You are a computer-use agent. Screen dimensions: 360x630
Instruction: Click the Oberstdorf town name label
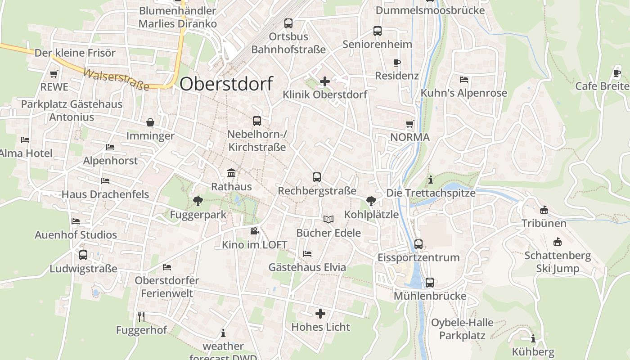click(x=226, y=84)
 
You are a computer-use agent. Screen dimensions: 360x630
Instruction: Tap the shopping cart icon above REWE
click(x=54, y=74)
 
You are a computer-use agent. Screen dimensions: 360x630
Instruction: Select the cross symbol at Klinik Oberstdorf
click(x=324, y=81)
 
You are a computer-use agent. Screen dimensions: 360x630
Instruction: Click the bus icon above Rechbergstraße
click(x=317, y=177)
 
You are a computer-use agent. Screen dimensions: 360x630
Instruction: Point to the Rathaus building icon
click(x=231, y=173)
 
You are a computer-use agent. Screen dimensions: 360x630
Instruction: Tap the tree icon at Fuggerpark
click(x=197, y=201)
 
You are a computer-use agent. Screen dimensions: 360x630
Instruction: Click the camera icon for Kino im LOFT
click(x=254, y=231)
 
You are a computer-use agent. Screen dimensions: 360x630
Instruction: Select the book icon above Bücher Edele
click(x=328, y=219)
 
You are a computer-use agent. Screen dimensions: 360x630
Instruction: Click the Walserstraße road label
click(x=116, y=79)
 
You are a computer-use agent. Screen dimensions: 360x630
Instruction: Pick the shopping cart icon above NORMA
click(x=409, y=124)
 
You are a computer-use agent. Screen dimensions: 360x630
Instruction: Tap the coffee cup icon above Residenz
click(x=396, y=63)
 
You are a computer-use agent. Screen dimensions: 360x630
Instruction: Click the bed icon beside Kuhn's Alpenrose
click(x=464, y=80)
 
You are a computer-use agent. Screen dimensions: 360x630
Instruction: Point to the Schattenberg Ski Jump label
click(x=558, y=262)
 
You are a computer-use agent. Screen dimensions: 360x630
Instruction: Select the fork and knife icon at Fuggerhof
click(x=141, y=316)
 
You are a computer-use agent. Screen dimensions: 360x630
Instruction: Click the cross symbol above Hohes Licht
click(x=320, y=313)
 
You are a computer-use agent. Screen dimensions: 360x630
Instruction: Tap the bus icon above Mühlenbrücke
click(x=430, y=283)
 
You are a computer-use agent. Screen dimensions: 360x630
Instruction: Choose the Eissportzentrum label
click(x=418, y=257)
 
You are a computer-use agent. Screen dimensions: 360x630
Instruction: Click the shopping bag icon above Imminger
click(x=150, y=122)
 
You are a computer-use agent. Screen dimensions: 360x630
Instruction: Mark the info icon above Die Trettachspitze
click(x=431, y=180)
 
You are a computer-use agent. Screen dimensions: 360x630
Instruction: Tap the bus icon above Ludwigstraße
click(x=83, y=255)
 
